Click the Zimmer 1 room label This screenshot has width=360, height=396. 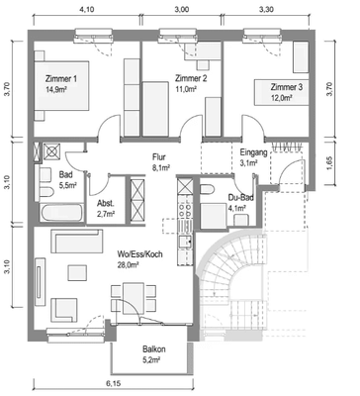[61, 79]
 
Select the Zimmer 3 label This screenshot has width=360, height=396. [287, 87]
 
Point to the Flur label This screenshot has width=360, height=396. [159, 157]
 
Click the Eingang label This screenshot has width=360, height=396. [253, 152]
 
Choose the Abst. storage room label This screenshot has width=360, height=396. [106, 204]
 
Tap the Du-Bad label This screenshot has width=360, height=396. [241, 198]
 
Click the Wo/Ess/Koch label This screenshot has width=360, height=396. [139, 254]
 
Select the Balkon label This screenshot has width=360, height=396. [154, 349]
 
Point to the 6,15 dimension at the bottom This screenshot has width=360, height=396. [113, 384]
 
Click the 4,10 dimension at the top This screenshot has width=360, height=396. [87, 10]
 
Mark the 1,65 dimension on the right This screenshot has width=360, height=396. [331, 161]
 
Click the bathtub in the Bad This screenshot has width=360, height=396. [61, 213]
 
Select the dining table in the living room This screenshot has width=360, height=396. [134, 298]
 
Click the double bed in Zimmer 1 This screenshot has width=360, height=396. [62, 85]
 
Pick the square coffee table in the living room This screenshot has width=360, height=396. [78, 272]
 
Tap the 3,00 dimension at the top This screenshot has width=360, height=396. [182, 10]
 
